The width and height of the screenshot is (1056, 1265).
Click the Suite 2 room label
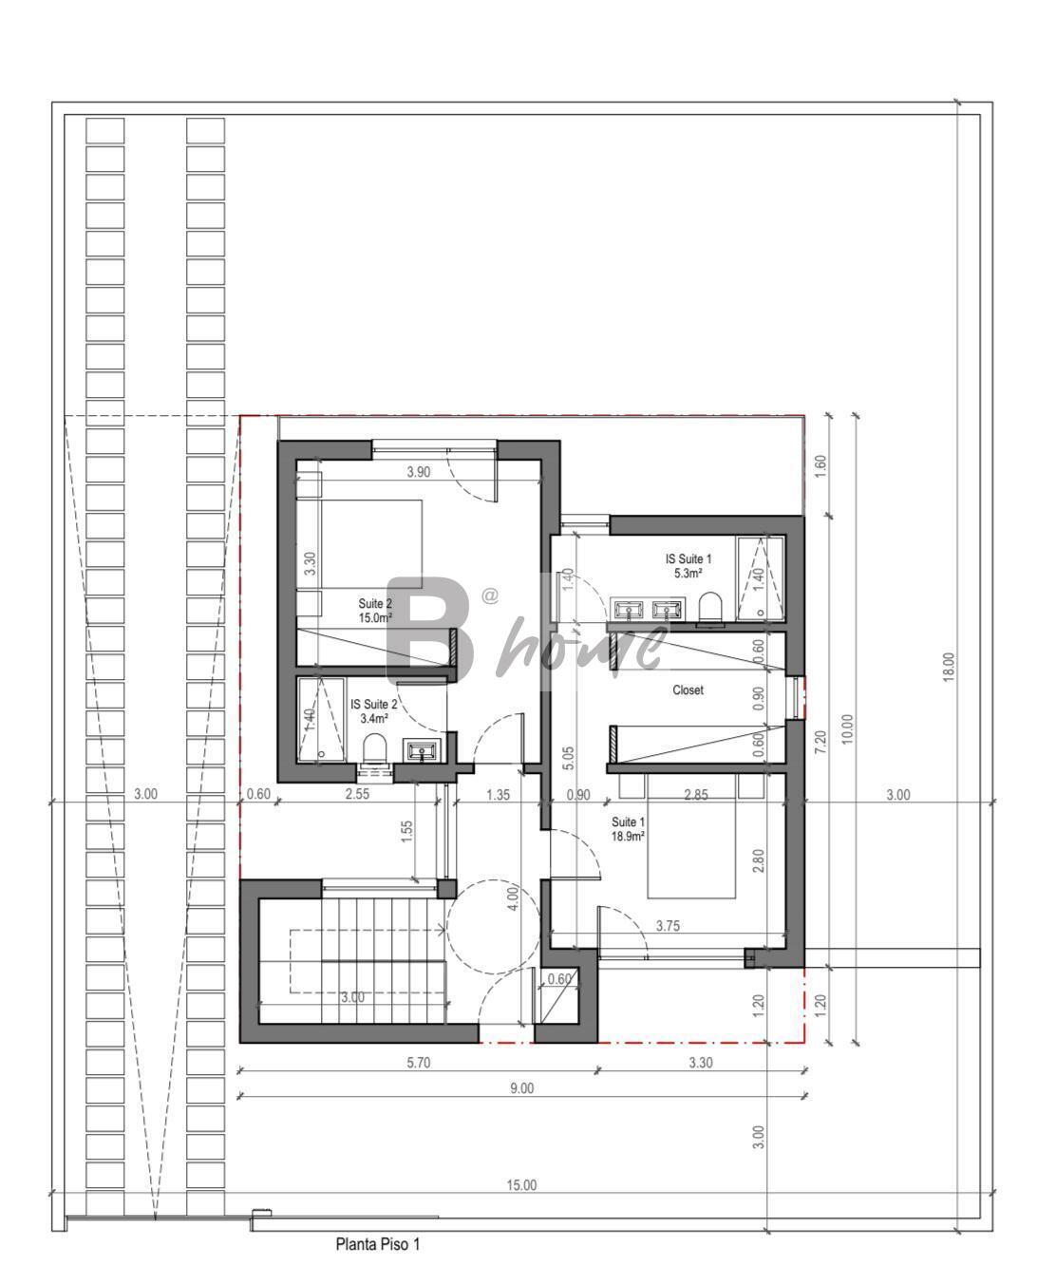point(375,603)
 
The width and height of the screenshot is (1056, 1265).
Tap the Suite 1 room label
point(629,821)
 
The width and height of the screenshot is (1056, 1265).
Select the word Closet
point(688,689)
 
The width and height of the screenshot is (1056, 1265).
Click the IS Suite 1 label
point(688,558)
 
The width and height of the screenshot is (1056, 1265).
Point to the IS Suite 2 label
point(374,704)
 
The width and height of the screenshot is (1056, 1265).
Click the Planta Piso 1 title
point(377,1244)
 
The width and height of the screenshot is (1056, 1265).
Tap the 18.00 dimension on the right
point(949,667)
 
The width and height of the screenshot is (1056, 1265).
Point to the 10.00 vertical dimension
point(847,728)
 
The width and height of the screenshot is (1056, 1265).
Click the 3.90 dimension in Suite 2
point(419,472)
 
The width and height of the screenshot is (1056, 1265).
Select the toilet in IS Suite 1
point(710,607)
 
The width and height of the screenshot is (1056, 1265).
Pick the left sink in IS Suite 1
point(629,608)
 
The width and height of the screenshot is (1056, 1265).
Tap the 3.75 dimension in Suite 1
point(668,926)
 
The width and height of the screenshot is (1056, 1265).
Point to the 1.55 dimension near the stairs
point(407,831)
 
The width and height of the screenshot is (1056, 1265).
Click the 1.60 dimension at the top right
point(820,466)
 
